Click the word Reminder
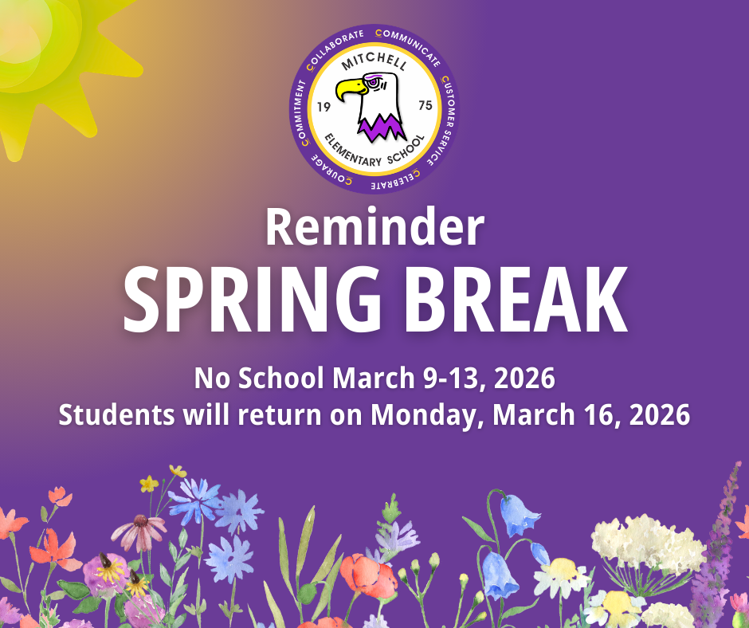374,226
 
